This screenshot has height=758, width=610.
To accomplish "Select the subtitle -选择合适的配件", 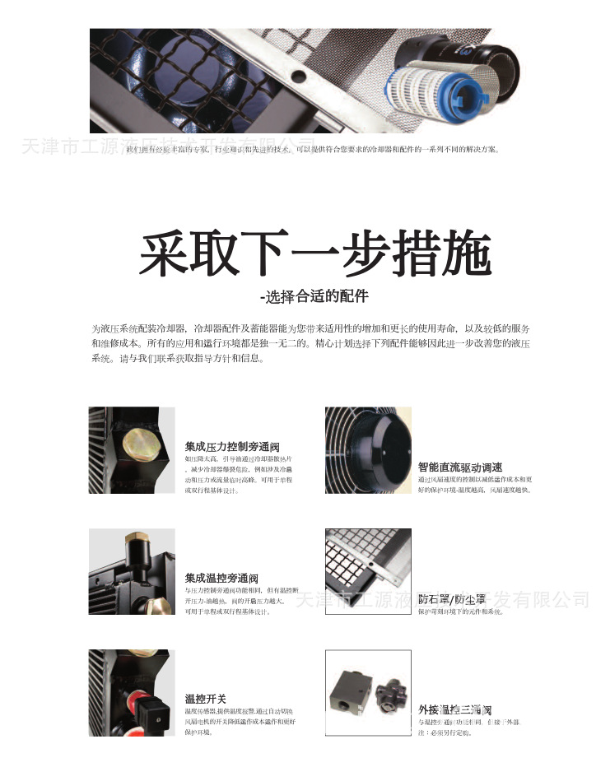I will click(x=314, y=296).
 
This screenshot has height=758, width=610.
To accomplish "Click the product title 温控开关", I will click(x=205, y=699).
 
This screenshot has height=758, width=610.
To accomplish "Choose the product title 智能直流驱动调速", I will click(x=460, y=467).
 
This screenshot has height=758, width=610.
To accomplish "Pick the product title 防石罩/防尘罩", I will click(x=452, y=598).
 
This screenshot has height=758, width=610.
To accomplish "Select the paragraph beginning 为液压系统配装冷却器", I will click(x=310, y=343).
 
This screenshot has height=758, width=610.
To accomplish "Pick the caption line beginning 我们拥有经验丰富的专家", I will click(x=312, y=149).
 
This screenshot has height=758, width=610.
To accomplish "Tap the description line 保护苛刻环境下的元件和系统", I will click(x=460, y=612).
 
